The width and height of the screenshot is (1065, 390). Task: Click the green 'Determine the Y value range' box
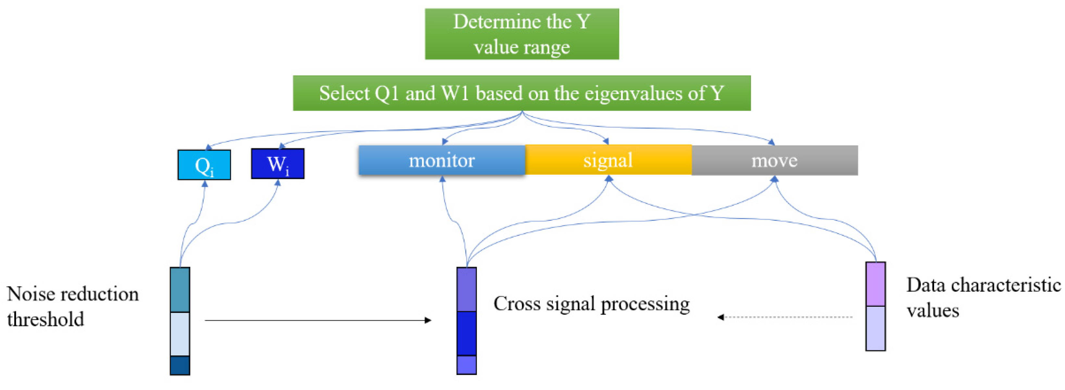pyautogui.click(x=522, y=34)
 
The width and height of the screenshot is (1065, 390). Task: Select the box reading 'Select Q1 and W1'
pyautogui.click(x=522, y=93)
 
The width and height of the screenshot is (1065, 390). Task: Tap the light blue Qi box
pyautogui.click(x=204, y=165)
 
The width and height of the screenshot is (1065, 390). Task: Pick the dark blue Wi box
pyautogui.click(x=278, y=164)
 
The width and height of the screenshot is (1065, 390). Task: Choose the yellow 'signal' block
pyautogui.click(x=608, y=160)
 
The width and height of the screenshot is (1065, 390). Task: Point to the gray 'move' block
pyautogui.click(x=775, y=160)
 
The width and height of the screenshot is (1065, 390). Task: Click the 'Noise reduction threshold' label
pyautogui.click(x=73, y=306)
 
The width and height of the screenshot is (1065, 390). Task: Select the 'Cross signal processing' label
pyautogui.click(x=592, y=304)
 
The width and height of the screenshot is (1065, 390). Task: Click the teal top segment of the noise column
pyautogui.click(x=180, y=289)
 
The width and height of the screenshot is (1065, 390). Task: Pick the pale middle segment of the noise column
pyautogui.click(x=180, y=334)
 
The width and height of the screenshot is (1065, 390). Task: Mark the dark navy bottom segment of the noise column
pyautogui.click(x=180, y=365)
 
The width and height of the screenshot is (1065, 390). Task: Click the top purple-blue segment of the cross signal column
pyautogui.click(x=466, y=289)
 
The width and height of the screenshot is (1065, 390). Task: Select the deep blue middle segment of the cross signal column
pyautogui.click(x=466, y=333)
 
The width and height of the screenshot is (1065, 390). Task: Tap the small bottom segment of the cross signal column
pyautogui.click(x=466, y=365)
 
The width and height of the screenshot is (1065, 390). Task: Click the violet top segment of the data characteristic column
pyautogui.click(x=876, y=284)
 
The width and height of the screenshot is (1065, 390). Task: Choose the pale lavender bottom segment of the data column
pyautogui.click(x=876, y=328)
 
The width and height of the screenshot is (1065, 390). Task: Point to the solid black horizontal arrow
pyautogui.click(x=318, y=320)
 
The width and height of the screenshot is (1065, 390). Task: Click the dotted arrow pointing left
pyautogui.click(x=785, y=317)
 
